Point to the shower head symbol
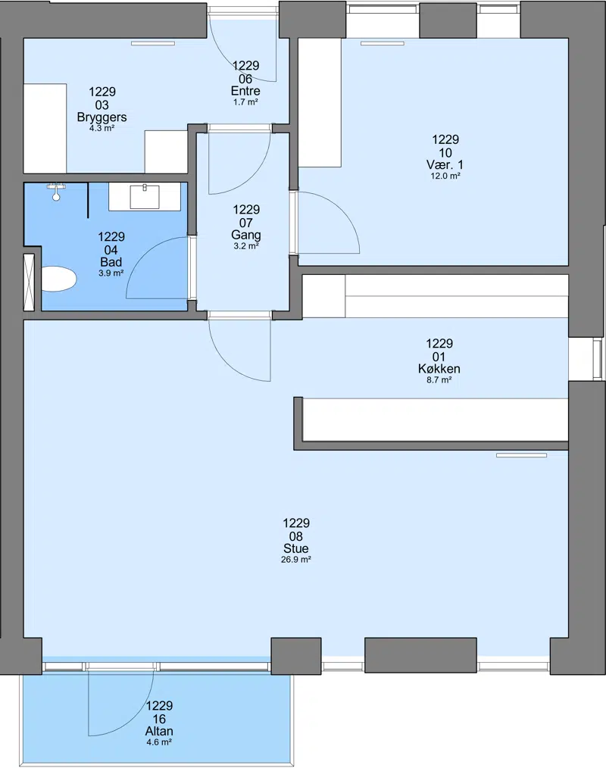point(57,192)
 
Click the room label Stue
point(296,548)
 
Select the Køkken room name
point(439,369)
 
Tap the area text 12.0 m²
point(445,176)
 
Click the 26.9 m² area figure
point(296,560)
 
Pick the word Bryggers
point(102,117)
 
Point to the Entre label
point(245,91)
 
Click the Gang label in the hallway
point(246,235)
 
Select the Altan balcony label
point(159,731)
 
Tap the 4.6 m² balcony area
point(159,742)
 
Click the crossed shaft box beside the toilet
point(29,282)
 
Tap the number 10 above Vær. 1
point(445,152)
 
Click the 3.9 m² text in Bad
point(111,273)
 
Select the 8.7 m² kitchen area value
point(439,379)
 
